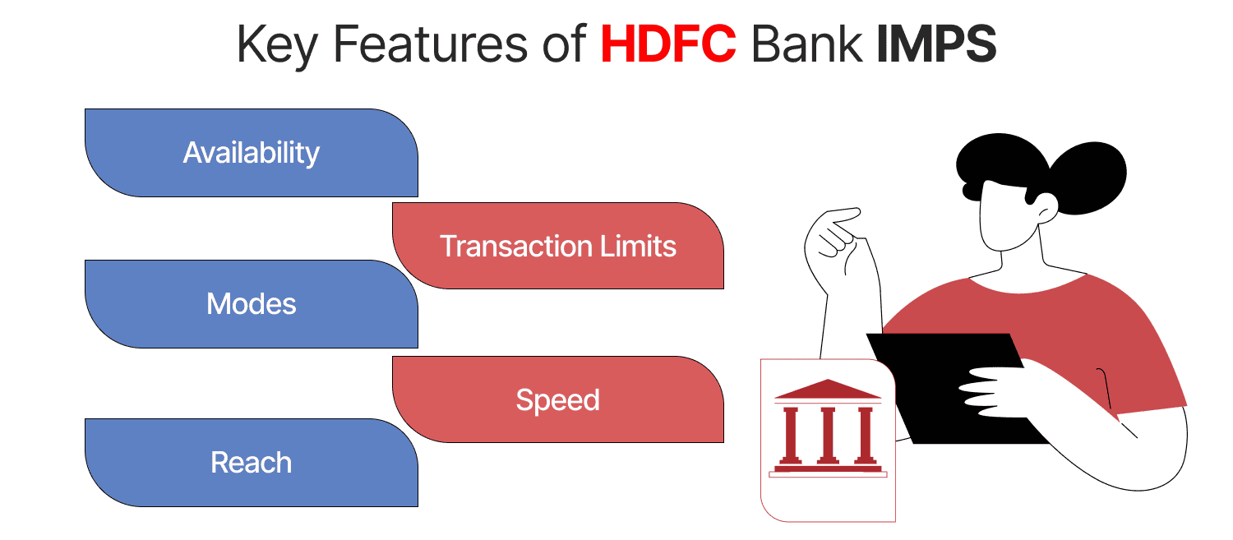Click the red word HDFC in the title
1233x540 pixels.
667,46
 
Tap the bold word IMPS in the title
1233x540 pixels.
936,46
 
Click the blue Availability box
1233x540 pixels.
251,153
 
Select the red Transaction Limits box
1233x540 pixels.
557,246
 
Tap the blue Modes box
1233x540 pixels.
251,304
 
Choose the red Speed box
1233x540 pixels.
557,400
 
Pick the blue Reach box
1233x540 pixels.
251,463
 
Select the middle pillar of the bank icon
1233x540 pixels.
828,436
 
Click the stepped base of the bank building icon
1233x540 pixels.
828,470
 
